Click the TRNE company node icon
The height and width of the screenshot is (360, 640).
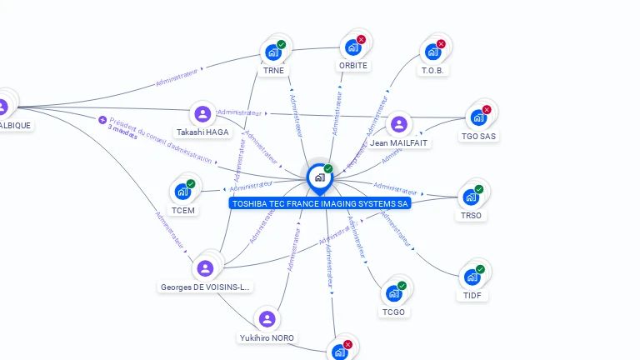[x=272, y=52]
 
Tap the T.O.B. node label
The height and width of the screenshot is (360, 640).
[x=434, y=71]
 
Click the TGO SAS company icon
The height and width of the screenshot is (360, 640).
[x=478, y=117]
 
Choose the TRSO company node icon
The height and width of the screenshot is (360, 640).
[x=471, y=197]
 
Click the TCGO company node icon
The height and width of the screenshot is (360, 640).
[x=393, y=294]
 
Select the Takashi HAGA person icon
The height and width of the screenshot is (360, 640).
[x=202, y=114]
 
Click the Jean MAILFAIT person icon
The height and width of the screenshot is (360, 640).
[x=399, y=124]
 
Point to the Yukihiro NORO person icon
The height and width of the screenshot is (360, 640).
[x=267, y=319]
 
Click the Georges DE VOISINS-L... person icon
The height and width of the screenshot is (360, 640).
[x=205, y=268]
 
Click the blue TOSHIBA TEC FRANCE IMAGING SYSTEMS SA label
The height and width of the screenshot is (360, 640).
[x=320, y=203]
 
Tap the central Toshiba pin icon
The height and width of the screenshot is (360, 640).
[x=319, y=177]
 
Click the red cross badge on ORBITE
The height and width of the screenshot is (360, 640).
[x=361, y=39]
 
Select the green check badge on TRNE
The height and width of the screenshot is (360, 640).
[x=282, y=44]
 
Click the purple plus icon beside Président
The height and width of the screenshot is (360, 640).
[x=102, y=120]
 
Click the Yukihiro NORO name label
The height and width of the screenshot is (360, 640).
[x=267, y=337]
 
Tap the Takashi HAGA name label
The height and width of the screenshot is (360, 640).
[x=202, y=132]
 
